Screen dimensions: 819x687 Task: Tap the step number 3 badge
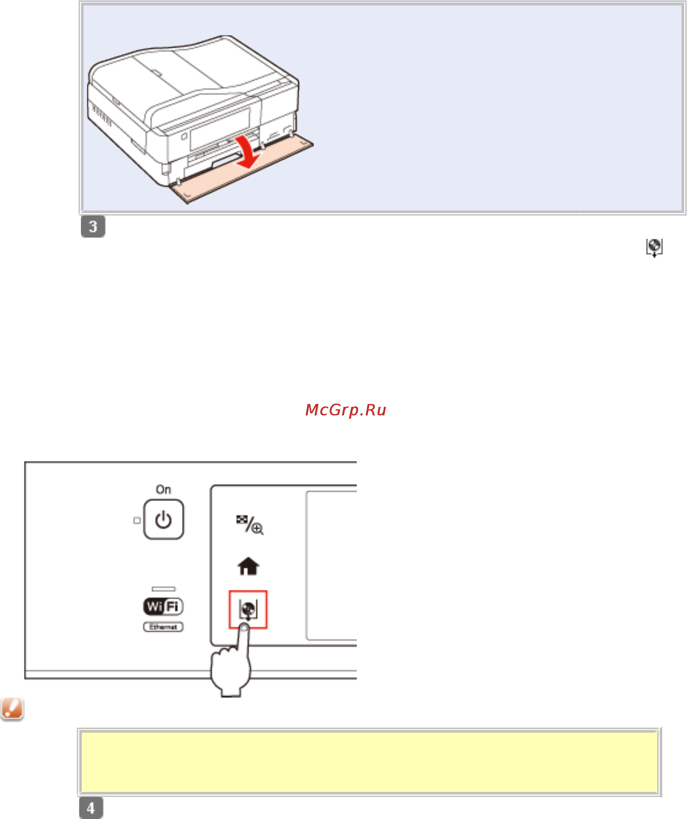tap(93, 226)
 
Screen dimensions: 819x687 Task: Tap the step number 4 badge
tap(91, 808)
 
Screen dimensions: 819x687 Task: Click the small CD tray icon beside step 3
tap(653, 247)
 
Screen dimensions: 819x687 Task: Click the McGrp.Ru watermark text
tap(345, 410)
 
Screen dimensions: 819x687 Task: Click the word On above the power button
tap(163, 489)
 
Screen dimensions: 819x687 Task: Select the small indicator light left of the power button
tap(137, 520)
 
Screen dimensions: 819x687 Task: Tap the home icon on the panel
tap(248, 566)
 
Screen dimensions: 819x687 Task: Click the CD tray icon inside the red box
tap(248, 609)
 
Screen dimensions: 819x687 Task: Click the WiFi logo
tap(163, 606)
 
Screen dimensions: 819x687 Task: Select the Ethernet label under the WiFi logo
tap(163, 627)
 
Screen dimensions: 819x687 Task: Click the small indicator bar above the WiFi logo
tap(163, 589)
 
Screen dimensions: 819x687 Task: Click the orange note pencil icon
tap(12, 709)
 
